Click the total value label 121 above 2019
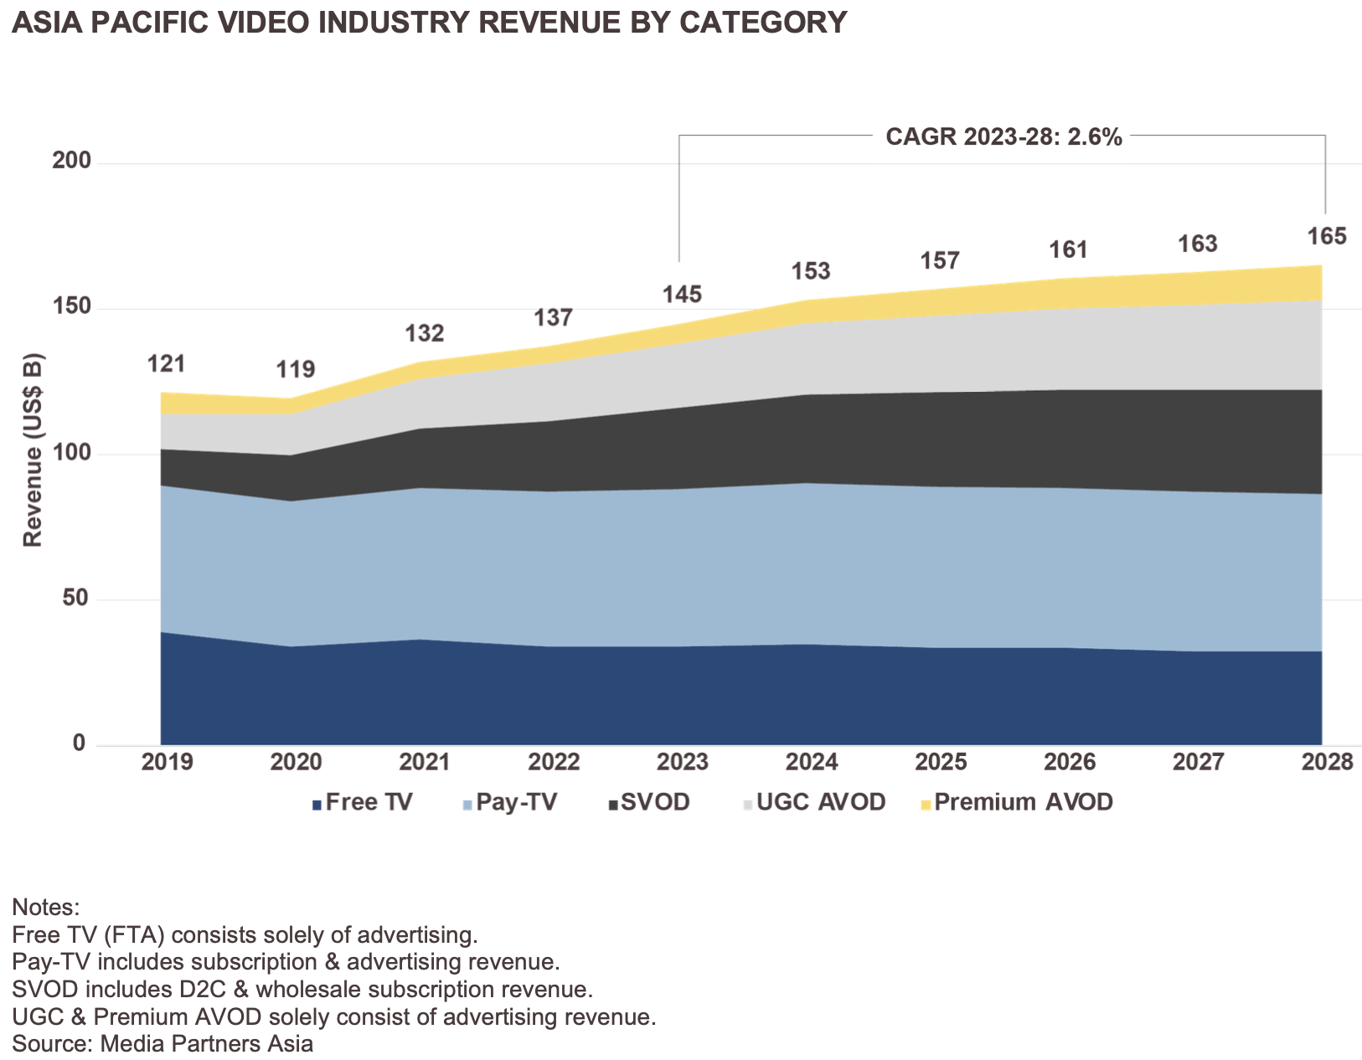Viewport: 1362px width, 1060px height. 166,364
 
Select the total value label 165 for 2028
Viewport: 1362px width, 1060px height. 1327,237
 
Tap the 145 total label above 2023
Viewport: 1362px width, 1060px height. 682,295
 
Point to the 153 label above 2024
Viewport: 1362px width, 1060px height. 811,271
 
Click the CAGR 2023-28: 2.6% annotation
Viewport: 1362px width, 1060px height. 1003,137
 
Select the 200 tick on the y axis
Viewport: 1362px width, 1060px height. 71,161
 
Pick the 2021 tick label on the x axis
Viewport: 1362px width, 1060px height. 425,762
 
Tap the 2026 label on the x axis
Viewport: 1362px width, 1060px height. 1070,762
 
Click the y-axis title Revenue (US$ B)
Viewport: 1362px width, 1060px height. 33,450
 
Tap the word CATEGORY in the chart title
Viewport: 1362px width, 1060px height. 762,22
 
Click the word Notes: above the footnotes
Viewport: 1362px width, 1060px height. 45,908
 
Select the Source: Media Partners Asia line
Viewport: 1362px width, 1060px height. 163,1044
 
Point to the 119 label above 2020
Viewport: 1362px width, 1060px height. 296,369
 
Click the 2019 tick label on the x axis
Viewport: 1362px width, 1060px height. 168,762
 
